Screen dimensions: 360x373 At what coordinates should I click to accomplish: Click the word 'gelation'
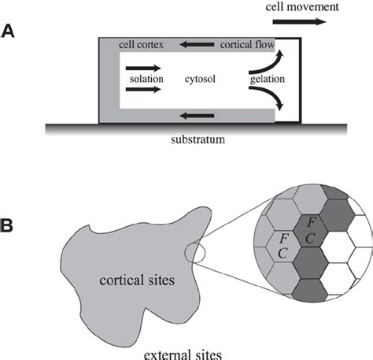coord(268,80)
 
